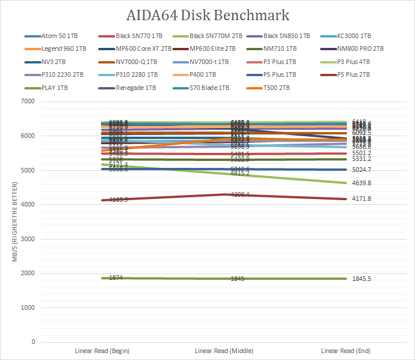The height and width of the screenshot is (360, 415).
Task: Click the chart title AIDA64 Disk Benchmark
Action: (x=207, y=14)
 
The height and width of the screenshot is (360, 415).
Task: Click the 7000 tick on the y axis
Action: (x=28, y=102)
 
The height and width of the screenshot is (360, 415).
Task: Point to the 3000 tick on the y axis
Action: (x=28, y=239)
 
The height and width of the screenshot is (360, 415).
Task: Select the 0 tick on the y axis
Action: (x=33, y=342)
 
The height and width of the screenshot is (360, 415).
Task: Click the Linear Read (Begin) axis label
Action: (x=102, y=351)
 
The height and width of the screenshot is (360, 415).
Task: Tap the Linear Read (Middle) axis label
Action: (x=224, y=351)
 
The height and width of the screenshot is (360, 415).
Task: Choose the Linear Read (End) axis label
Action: (x=346, y=351)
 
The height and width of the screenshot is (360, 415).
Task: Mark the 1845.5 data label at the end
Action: (x=361, y=279)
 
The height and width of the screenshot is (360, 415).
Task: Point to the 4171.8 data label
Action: (x=361, y=199)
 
